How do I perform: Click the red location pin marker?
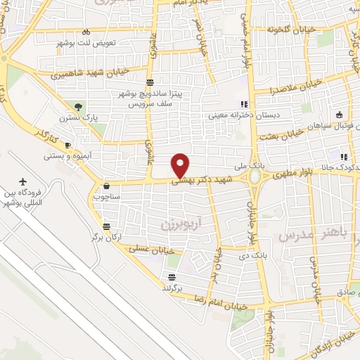181,165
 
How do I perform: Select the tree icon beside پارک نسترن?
78,107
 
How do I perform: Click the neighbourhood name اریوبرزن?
171,223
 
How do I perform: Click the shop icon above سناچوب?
105,186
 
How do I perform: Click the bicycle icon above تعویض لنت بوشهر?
85,32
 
